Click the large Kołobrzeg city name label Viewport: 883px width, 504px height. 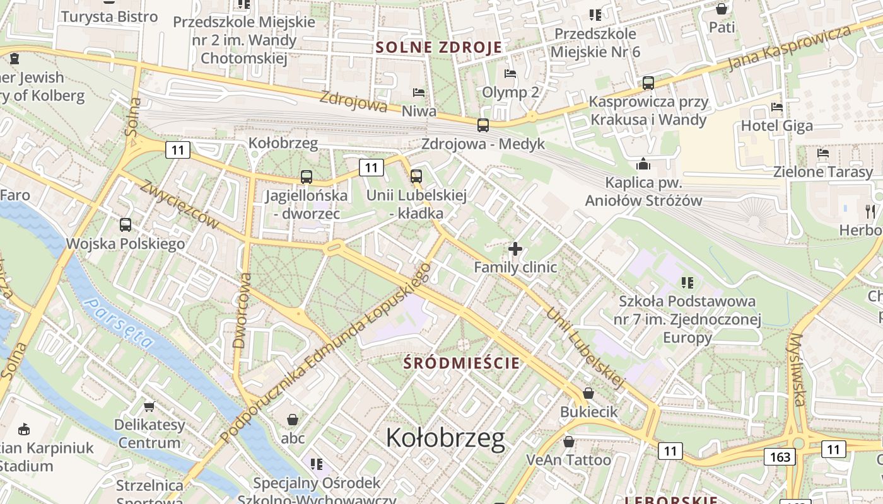pos(445,438)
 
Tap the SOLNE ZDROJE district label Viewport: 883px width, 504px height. pos(439,47)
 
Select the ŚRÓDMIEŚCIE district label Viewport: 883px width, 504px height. pos(462,363)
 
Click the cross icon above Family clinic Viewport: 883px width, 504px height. pos(515,249)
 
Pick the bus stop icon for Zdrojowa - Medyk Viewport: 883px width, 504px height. pos(483,125)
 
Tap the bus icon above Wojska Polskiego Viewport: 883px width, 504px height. pos(126,224)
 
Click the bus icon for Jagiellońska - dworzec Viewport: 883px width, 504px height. pos(307,177)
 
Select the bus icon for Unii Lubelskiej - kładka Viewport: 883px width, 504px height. pos(416,176)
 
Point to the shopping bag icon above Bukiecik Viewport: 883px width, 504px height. pos(588,393)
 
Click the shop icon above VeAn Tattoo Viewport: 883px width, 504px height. pos(569,442)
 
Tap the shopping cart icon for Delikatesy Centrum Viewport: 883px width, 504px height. pos(149,406)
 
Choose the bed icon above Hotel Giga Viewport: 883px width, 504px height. pos(777,107)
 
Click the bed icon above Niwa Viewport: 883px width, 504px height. pos(419,93)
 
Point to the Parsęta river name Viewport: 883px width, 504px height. pos(120,323)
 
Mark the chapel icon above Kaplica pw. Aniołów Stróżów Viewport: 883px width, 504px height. pos(643,164)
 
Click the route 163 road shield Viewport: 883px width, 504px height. pos(780,457)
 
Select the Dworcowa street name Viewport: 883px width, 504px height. pos(239,311)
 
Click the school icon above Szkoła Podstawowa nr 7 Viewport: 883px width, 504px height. pos(687,282)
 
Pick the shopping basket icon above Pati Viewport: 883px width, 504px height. pos(722,9)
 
